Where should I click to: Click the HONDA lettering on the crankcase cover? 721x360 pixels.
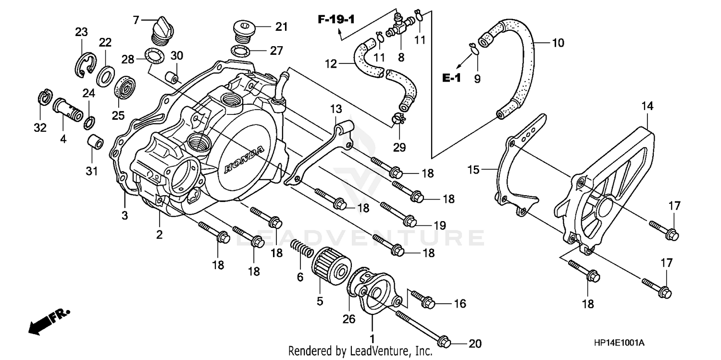[244, 160]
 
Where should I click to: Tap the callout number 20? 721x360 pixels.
[474, 344]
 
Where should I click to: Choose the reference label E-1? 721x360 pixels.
[451, 78]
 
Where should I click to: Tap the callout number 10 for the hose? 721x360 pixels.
[557, 43]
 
